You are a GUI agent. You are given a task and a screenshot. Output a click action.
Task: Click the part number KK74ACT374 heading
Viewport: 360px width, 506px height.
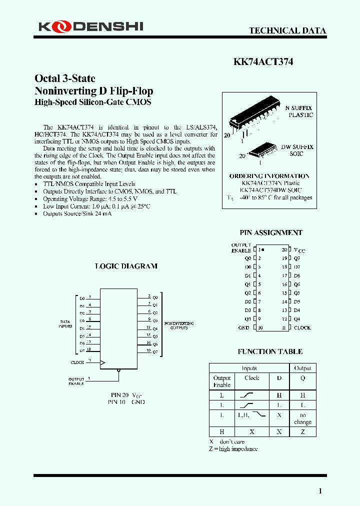(263, 62)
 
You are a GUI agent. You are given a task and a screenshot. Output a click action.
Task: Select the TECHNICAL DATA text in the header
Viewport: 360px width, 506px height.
(287, 30)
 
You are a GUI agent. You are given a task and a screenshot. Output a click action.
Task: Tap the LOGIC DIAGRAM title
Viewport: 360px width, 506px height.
(126, 266)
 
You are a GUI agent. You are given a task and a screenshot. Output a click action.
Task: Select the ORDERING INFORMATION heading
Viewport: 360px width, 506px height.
(269, 176)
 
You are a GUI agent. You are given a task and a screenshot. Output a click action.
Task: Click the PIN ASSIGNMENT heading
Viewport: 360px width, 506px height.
(271, 232)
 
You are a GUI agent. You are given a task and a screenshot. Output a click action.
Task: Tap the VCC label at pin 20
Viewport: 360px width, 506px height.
(298, 249)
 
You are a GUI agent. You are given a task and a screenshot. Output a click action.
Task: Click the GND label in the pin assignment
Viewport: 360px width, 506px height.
(243, 327)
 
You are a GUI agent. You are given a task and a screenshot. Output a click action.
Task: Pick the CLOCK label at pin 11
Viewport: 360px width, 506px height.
(302, 327)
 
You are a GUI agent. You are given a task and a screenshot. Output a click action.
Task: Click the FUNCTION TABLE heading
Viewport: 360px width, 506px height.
(270, 351)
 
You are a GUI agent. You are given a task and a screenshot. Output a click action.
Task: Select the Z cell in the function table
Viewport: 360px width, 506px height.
(302, 431)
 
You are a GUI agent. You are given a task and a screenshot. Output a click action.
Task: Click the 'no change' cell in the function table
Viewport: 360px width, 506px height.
(302, 418)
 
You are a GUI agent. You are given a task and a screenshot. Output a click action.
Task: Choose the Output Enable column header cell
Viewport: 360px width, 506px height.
(222, 381)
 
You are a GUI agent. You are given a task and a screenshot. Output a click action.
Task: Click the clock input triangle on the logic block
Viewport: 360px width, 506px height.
(103, 362)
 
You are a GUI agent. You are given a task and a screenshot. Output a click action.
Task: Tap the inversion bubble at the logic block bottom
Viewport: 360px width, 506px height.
(118, 371)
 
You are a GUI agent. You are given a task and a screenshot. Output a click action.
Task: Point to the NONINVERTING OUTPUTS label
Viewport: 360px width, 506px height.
(179, 325)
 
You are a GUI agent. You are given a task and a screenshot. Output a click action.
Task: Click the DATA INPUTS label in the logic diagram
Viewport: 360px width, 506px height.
(65, 324)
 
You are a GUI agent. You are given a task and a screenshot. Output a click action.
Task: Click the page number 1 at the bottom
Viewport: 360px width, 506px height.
(320, 491)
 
